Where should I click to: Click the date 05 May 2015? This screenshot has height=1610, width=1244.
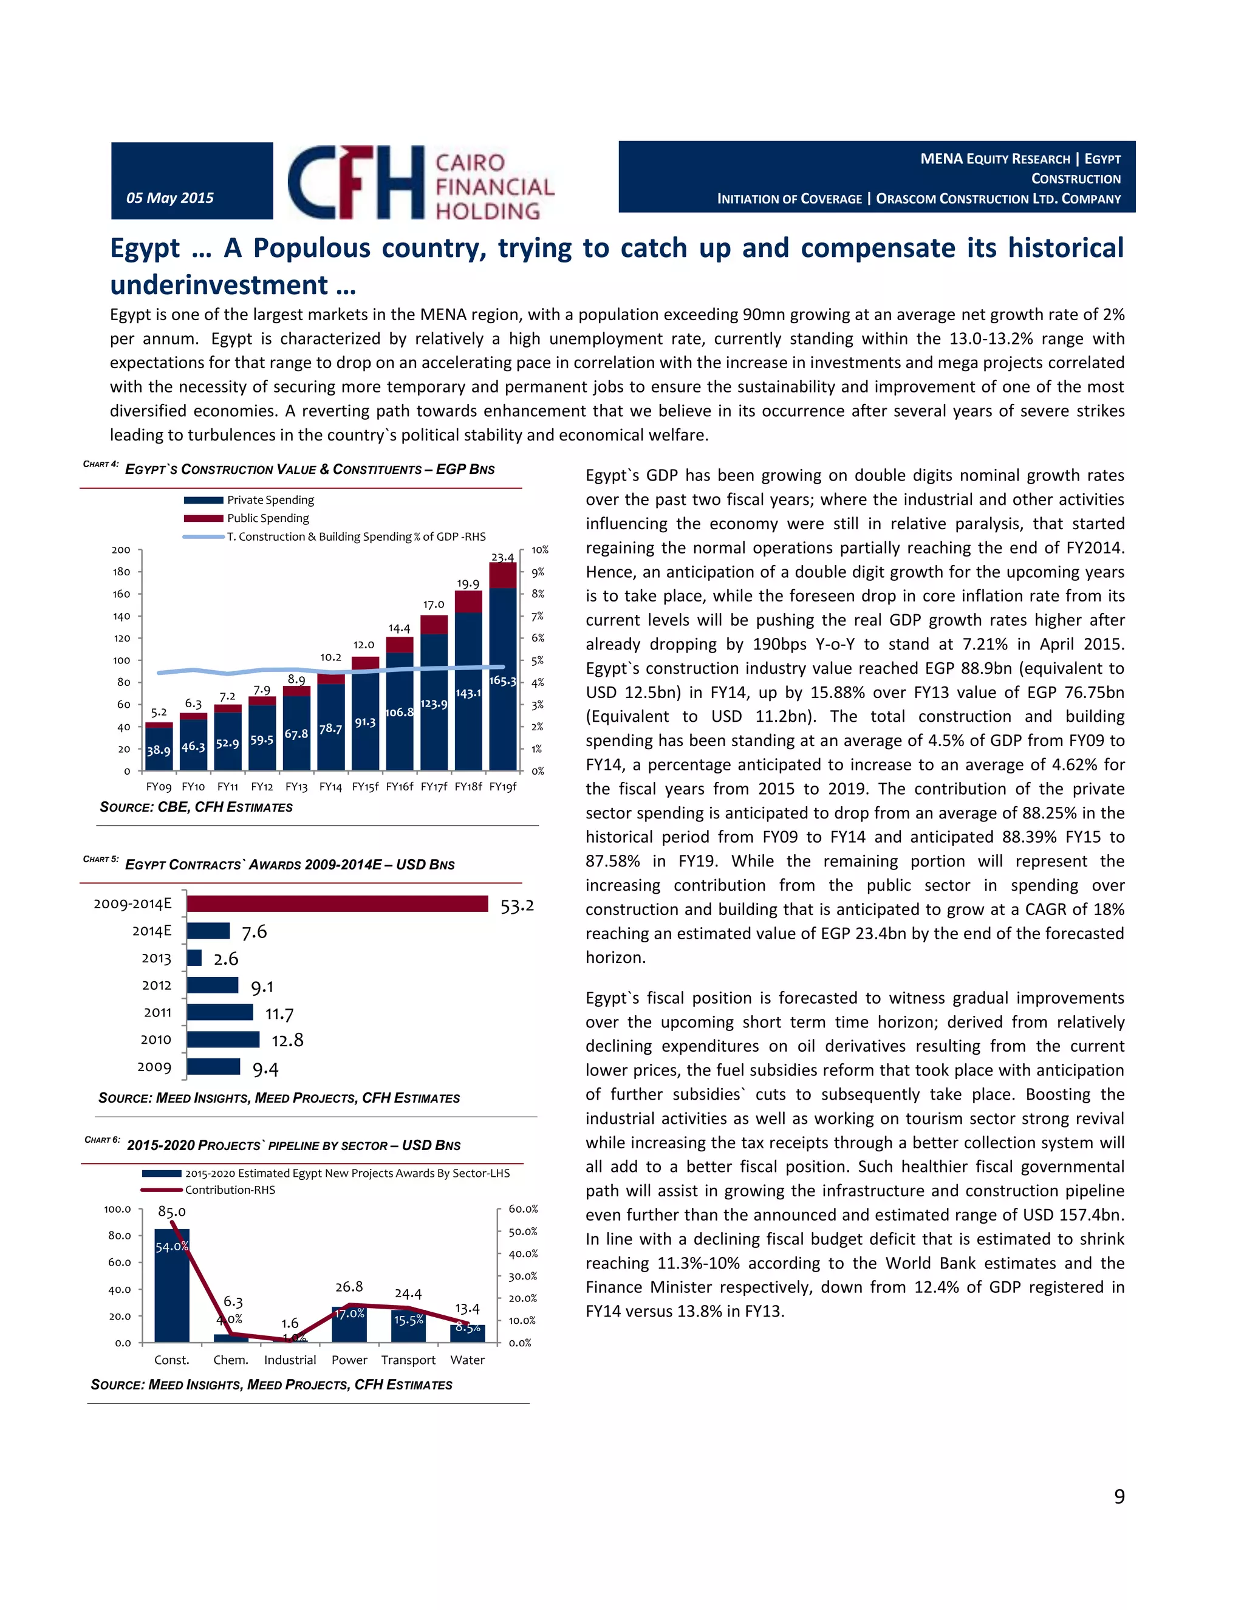169,197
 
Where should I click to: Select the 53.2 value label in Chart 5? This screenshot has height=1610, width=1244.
517,906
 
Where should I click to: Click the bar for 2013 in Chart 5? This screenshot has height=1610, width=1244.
194,957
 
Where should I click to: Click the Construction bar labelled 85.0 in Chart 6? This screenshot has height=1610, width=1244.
172,1286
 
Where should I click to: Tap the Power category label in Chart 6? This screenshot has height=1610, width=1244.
349,1360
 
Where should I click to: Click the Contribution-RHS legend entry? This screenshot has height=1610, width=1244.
229,1190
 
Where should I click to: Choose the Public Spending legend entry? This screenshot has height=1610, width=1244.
267,518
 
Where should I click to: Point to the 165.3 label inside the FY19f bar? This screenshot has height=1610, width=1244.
502,680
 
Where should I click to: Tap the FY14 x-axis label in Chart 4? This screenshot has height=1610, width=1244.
330,787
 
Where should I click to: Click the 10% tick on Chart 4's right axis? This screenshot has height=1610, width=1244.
539,550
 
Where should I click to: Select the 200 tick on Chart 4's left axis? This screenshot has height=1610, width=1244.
121,550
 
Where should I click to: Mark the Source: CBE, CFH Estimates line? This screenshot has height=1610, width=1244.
196,807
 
